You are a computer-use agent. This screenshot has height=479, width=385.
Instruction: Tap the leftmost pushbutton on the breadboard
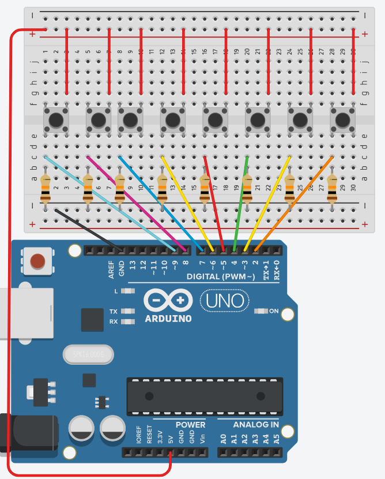pyautogui.click(x=56, y=120)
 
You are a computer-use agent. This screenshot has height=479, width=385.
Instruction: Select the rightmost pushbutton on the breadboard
pyautogui.click(x=342, y=120)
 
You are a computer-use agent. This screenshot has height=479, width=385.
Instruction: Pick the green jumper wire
pyautogui.click(x=241, y=202)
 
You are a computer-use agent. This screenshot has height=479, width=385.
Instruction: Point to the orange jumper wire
pyautogui.click(x=294, y=203)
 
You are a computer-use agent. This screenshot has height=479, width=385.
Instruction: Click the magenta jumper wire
pyautogui.click(x=136, y=203)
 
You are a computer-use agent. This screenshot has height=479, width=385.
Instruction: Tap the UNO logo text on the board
pyautogui.click(x=225, y=301)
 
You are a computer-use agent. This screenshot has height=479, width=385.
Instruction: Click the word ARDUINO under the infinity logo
pyautogui.click(x=168, y=318)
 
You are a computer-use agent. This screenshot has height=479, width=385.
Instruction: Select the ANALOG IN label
pyautogui.click(x=256, y=425)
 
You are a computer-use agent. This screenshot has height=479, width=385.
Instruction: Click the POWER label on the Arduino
pyautogui.click(x=190, y=425)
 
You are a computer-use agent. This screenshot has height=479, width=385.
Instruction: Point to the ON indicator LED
pyautogui.click(x=261, y=312)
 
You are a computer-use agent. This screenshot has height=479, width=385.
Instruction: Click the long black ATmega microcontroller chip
pyautogui.click(x=205, y=396)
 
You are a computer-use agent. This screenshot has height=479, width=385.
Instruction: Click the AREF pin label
pyautogui.click(x=112, y=270)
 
